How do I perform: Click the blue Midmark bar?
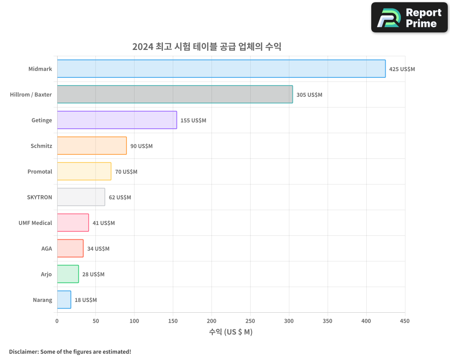(221, 69)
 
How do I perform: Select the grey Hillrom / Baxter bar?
(175, 94)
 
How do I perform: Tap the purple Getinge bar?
(117, 120)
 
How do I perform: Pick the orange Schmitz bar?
(92, 146)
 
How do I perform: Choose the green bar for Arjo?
(68, 274)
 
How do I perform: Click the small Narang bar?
(64, 300)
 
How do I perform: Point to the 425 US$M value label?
(402, 69)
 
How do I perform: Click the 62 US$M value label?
(120, 198)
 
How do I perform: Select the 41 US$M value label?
(103, 223)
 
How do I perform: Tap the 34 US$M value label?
(98, 249)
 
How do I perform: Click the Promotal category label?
(40, 171)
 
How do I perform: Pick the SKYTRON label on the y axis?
(40, 197)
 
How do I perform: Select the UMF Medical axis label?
(35, 223)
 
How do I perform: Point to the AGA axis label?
(47, 248)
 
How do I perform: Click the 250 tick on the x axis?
(250, 321)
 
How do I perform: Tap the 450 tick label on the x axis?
(405, 321)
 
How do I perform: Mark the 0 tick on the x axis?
(57, 321)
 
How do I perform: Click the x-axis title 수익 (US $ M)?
(231, 332)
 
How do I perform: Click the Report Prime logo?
(409, 18)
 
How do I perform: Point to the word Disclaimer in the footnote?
(23, 351)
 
